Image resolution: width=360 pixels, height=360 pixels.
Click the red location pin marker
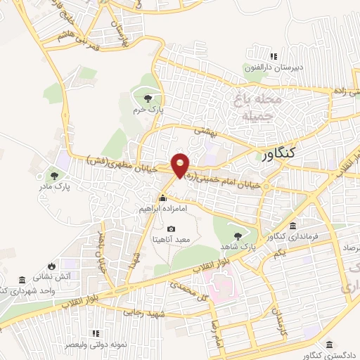181,165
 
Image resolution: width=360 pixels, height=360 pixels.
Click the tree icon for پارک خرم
147,98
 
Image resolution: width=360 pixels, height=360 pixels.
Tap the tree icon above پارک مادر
55,175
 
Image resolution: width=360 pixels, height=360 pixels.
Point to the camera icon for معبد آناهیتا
172,229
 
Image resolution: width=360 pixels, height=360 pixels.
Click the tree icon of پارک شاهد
238,237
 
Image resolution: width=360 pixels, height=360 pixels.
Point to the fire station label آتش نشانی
72,277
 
